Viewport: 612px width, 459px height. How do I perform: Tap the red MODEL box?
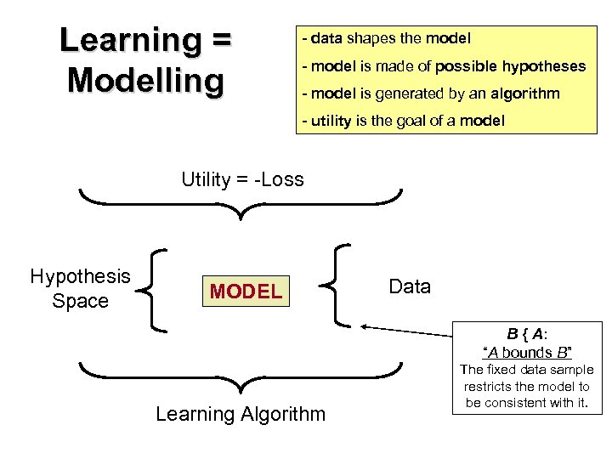click(246, 292)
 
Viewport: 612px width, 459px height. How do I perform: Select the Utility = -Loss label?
click(242, 179)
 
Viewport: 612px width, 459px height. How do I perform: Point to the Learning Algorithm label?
click(241, 414)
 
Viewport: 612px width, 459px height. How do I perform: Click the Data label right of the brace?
click(410, 286)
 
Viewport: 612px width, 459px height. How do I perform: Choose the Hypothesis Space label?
click(80, 288)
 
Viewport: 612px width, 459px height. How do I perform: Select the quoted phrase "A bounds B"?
click(527, 352)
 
